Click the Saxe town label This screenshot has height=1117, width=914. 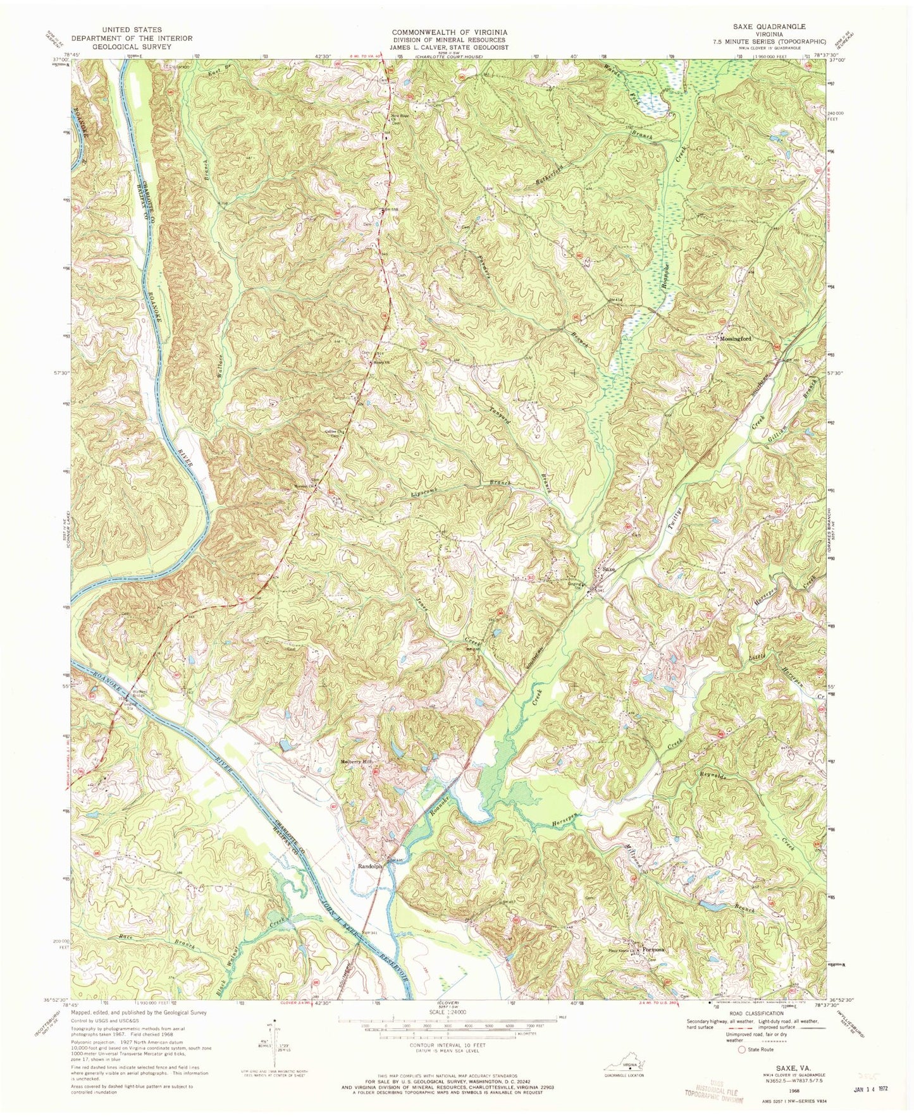tap(608, 569)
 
